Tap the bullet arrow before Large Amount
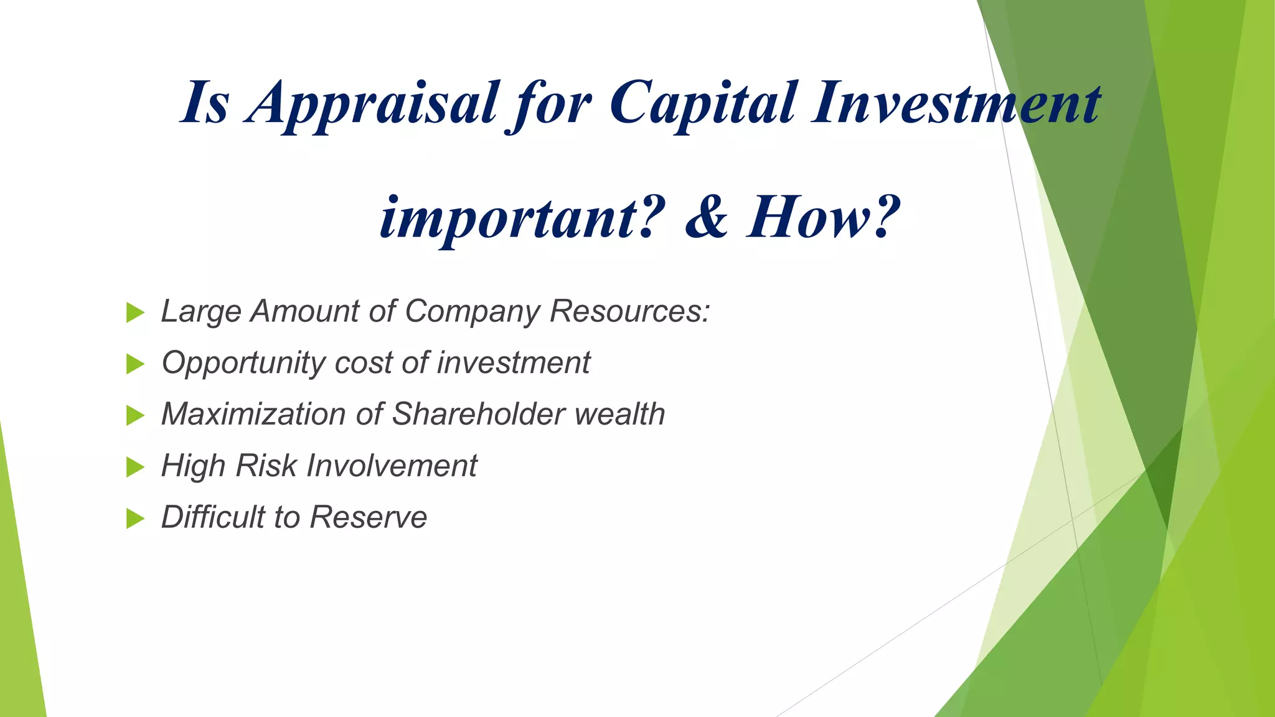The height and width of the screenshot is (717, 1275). click(134, 312)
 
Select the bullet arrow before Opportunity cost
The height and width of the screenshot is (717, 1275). click(134, 364)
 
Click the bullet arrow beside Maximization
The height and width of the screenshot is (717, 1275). click(134, 415)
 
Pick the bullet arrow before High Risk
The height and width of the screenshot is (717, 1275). click(134, 467)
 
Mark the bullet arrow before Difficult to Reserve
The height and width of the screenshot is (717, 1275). click(134, 518)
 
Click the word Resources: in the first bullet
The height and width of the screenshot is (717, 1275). click(629, 311)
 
